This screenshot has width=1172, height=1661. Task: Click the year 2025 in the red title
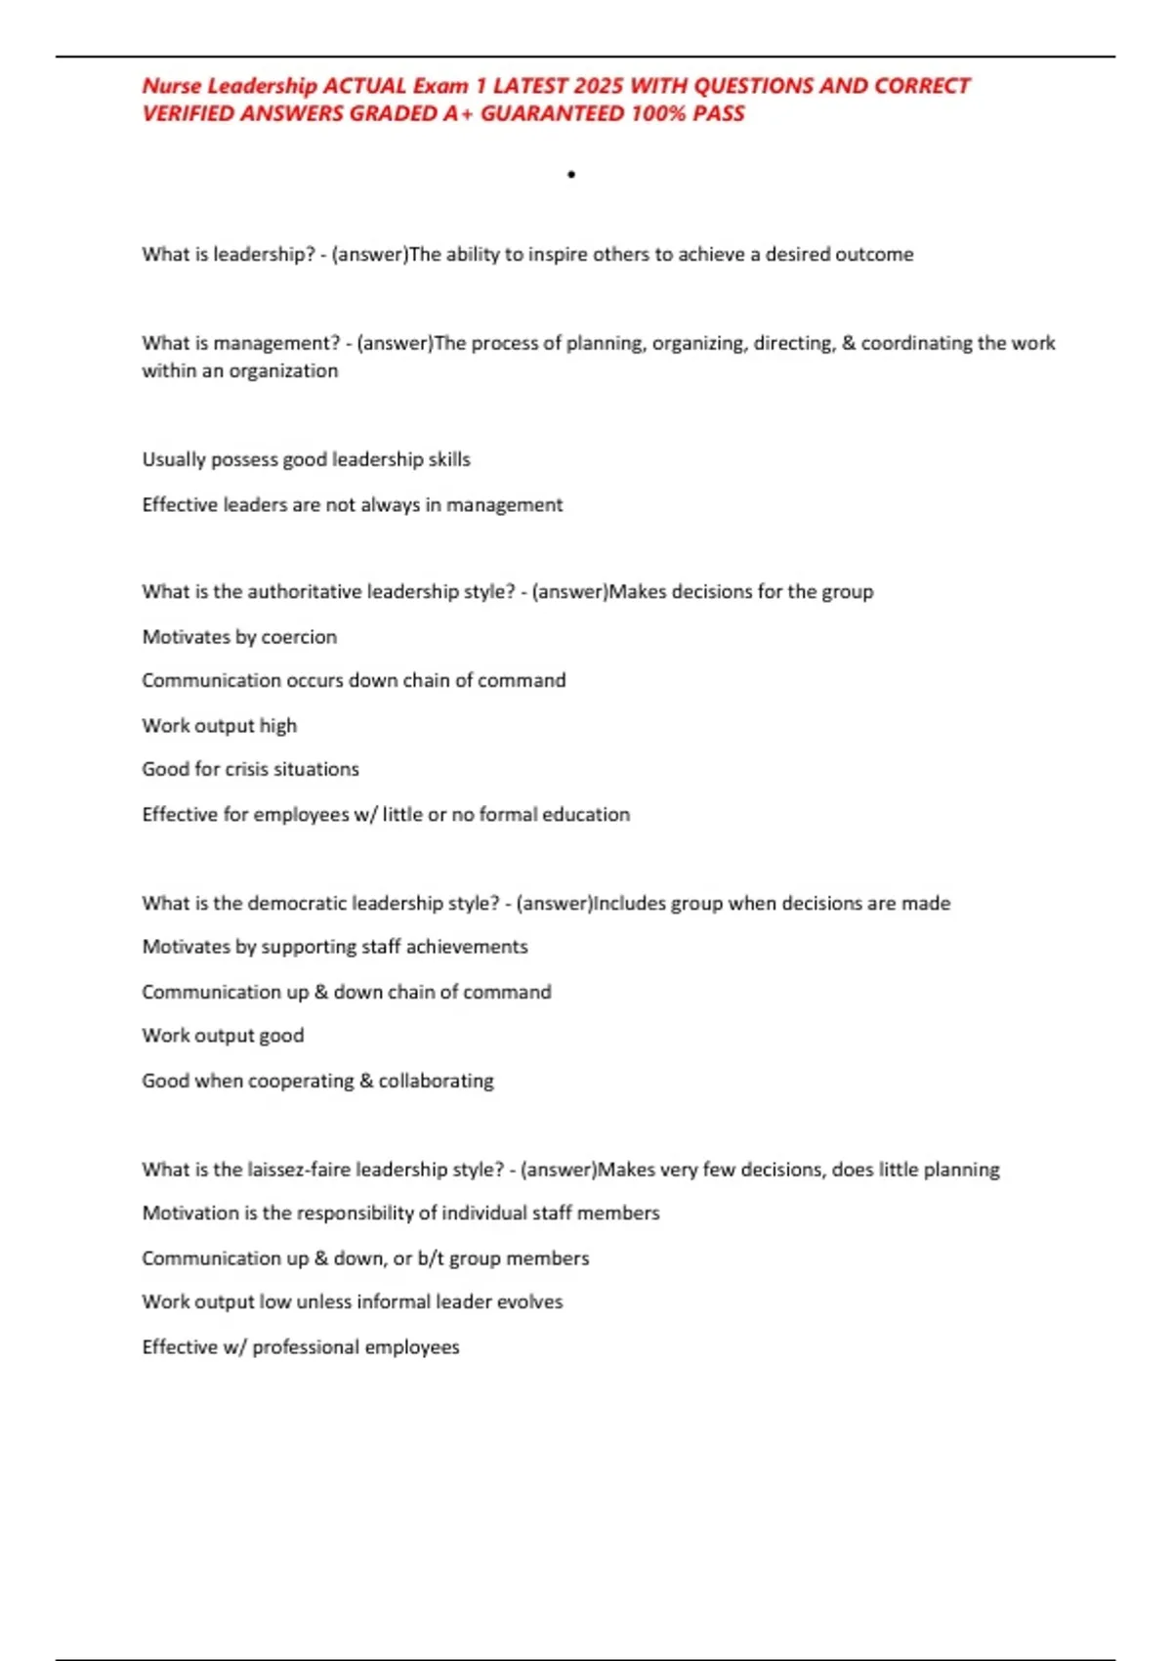(599, 86)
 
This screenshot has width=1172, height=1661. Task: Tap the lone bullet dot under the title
(571, 175)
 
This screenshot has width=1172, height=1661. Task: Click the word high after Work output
(277, 726)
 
